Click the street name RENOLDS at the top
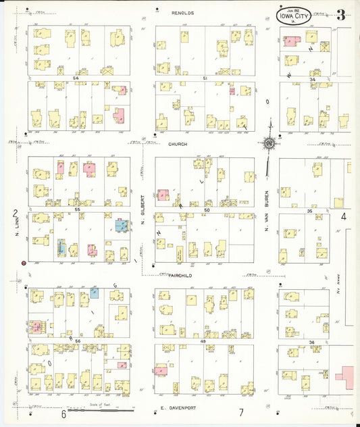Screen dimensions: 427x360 182,12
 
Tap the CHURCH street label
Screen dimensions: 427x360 178,144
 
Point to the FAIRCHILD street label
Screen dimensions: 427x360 176,276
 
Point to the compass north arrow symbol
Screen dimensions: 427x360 269,143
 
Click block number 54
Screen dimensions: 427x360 76,79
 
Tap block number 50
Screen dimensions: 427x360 207,210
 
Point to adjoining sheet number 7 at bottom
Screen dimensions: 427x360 240,412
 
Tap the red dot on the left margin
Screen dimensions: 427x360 24,262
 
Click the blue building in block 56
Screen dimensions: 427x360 94,293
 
